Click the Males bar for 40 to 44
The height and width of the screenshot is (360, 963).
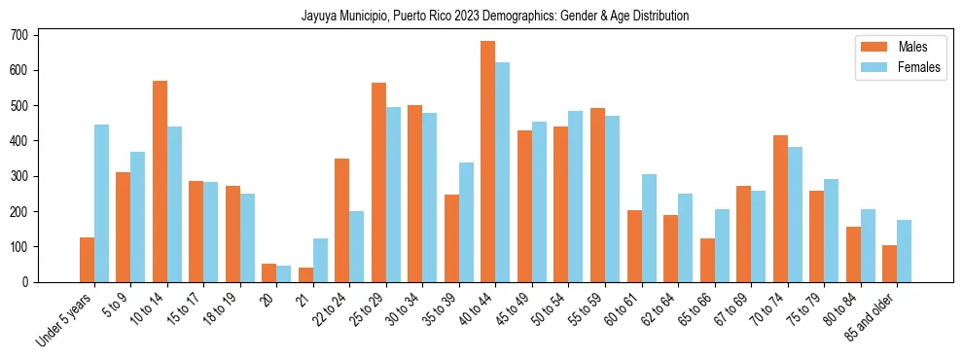tap(488, 162)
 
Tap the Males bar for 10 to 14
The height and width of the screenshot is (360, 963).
tap(160, 181)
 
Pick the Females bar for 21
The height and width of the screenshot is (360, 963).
tap(320, 260)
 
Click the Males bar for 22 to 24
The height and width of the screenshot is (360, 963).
tap(342, 220)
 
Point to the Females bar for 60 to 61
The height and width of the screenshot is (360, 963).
tap(649, 228)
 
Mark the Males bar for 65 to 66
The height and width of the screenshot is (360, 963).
tap(707, 260)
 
